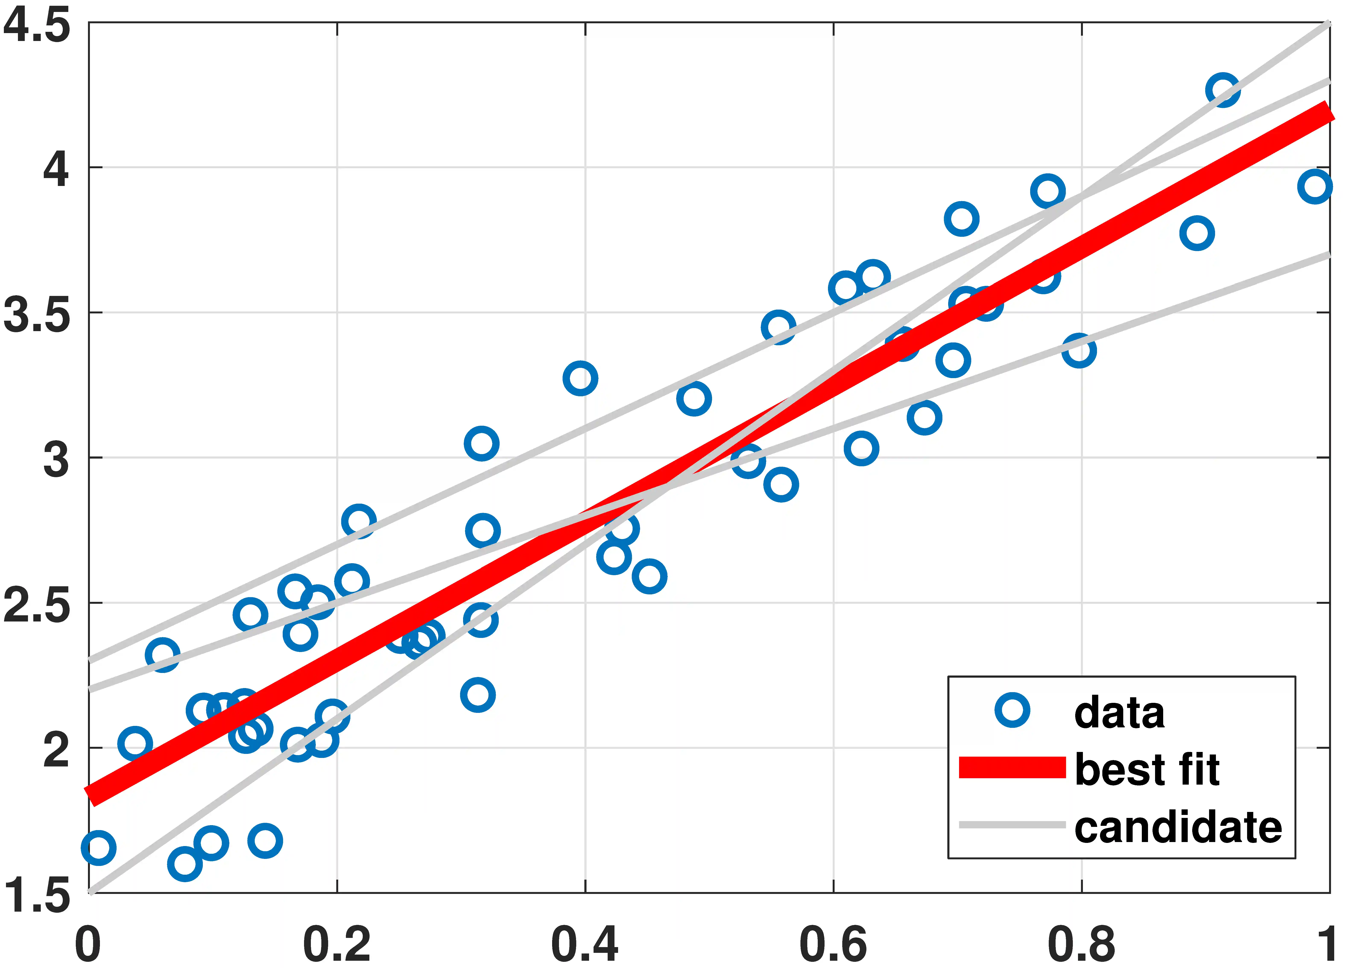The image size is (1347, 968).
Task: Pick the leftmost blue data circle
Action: coord(99,847)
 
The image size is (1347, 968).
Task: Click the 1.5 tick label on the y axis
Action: coord(37,897)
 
